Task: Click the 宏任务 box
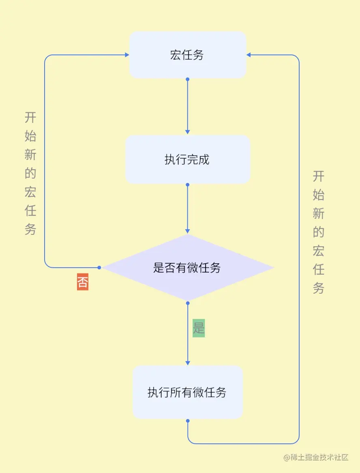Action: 187,55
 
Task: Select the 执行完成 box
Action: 187,159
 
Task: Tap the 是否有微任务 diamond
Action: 187,268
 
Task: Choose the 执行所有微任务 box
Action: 187,392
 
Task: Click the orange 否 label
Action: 83,282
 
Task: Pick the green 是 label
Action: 199,328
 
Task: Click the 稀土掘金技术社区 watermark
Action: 316,457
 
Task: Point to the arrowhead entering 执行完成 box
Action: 187,131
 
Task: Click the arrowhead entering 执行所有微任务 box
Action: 187,362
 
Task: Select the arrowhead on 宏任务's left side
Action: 126,55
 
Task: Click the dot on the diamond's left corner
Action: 99,267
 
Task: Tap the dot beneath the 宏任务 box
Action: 187,80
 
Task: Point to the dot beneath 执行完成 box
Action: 187,185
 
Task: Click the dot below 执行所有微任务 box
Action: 188,421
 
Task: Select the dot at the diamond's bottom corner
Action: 187,302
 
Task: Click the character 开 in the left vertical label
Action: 30,118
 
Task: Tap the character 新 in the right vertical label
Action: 319,213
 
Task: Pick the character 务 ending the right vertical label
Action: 319,288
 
